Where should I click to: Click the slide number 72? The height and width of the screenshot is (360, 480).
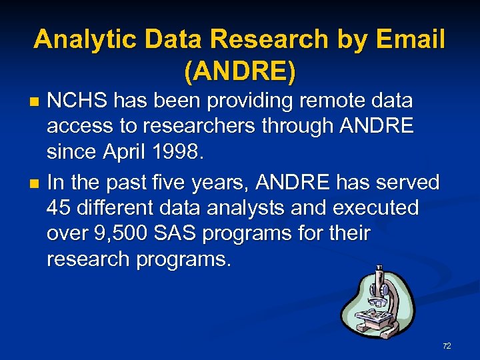[447, 346]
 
